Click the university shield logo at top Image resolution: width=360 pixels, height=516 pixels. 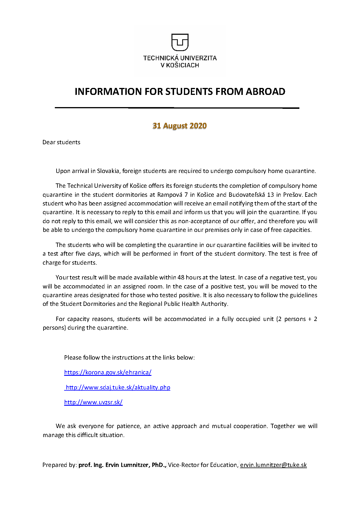[180, 42]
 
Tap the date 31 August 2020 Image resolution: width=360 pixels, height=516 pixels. [180, 126]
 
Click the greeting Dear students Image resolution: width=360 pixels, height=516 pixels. [61, 142]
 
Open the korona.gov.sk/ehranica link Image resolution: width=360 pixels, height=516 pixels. [108, 372]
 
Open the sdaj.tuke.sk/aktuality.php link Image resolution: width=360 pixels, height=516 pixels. [118, 387]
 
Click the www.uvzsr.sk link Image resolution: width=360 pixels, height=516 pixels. [93, 402]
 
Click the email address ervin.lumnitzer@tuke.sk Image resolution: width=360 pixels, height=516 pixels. [273, 465]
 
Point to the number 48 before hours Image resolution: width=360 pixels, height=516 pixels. [181, 277]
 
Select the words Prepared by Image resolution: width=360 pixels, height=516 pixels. [59, 465]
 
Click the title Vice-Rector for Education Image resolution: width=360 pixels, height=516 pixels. [203, 465]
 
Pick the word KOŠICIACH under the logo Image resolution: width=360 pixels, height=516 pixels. [182, 65]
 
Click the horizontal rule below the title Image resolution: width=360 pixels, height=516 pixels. [177, 108]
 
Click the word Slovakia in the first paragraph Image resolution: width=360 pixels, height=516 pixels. [108, 171]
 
